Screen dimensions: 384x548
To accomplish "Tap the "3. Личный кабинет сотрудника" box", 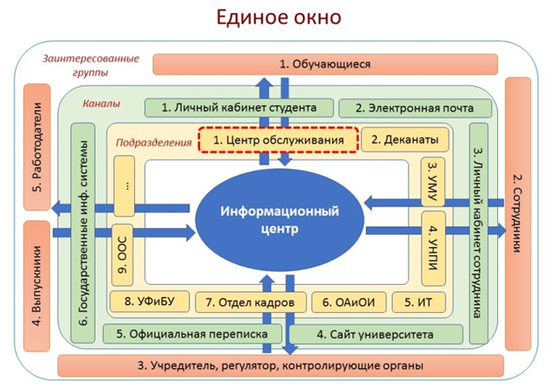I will (479, 232).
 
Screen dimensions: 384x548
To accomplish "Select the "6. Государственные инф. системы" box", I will (85, 232).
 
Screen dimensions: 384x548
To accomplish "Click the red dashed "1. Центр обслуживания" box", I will (277, 139).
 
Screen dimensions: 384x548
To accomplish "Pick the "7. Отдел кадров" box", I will (250, 302).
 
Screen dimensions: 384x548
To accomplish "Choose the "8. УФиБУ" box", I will (147, 302).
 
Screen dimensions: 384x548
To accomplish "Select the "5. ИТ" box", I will (418, 302).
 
